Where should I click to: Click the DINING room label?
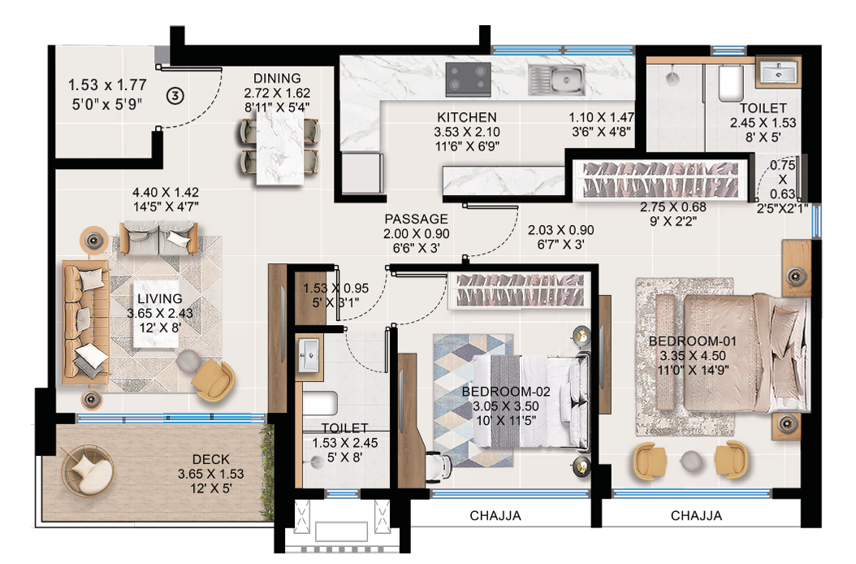(x=276, y=79)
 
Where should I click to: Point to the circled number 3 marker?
(x=174, y=95)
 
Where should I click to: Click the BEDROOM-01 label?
(x=681, y=341)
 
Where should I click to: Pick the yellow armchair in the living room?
(x=214, y=377)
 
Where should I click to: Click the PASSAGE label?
(x=416, y=219)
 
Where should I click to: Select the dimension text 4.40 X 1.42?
(x=166, y=193)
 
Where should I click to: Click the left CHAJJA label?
(x=495, y=515)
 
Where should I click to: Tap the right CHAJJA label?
(x=696, y=515)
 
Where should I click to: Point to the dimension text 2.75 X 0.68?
(x=672, y=207)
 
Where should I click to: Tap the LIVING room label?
(x=160, y=299)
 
